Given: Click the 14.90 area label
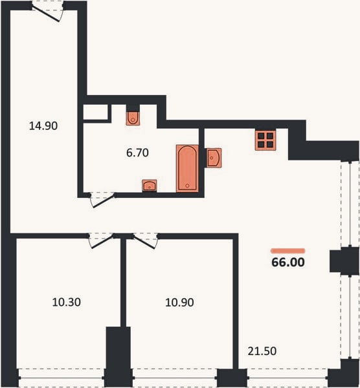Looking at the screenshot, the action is pos(43,125).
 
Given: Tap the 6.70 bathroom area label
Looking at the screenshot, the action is pos(137,153).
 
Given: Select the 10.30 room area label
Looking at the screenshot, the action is pos(67,302).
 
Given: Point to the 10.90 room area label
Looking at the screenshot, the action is pos(179,302).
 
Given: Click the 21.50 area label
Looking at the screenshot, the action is pos(262,351).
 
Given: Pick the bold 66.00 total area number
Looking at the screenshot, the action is pos(288,263).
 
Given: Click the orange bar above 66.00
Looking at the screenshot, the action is pos(288,251).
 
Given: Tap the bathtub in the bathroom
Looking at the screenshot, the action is pos(187,168).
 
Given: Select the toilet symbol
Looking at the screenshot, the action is pos(133,118).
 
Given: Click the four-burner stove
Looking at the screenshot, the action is pos(265,140).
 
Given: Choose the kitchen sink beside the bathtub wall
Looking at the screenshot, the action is pos(213,157).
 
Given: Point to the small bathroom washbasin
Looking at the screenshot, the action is pos(150,186).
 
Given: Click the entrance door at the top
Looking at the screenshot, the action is pos(48,11).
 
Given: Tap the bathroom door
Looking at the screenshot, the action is pos(102,199).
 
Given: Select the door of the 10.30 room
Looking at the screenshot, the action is pos(101,240).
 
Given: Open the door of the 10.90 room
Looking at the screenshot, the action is pos(146,240).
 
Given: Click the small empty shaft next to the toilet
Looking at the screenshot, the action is pos(95,112).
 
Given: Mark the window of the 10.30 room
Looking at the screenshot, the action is pos(62,378).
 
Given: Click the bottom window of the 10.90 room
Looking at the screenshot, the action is pos(175,378).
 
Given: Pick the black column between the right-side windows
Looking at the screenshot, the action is pos(344,261).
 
